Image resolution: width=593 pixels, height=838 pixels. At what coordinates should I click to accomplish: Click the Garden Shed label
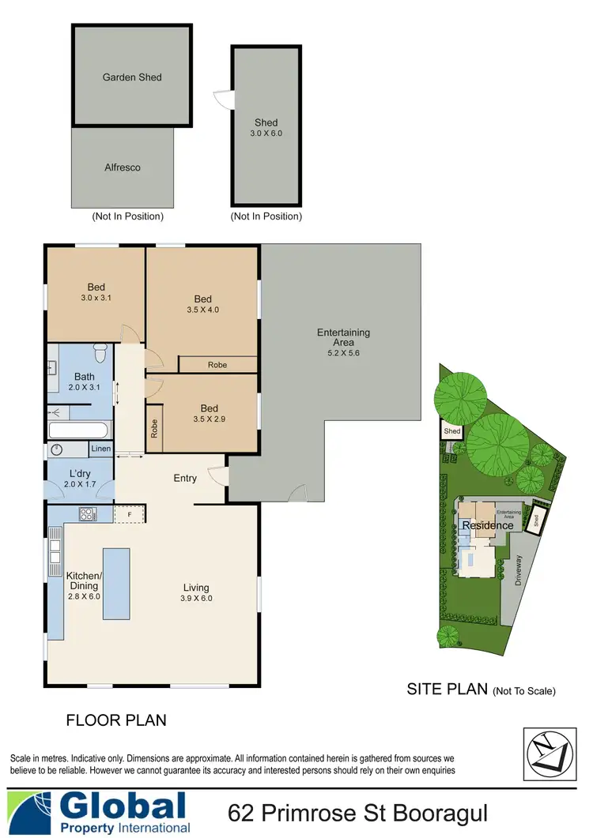132,77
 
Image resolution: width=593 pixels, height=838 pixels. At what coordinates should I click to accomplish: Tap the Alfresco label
122,167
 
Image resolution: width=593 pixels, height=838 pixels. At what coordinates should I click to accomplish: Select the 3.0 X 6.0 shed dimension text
266,133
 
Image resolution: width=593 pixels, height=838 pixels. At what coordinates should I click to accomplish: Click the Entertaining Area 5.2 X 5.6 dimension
343,353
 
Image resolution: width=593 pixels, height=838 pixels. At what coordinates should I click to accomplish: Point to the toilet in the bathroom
100,350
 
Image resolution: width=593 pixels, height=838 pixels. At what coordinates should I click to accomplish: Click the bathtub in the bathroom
78,431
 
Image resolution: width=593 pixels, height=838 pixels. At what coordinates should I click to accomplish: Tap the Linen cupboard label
100,449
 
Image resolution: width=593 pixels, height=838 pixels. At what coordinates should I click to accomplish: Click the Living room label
196,587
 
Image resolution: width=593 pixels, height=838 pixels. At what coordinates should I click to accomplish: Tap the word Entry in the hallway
185,478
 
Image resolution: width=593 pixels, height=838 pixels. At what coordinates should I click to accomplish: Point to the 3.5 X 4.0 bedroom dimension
202,310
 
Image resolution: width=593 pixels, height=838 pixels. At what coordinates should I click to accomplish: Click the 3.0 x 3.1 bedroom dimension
96,298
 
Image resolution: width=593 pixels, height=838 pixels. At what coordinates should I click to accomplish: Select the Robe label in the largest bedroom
217,365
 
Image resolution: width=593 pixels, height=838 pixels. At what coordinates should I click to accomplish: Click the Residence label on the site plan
488,525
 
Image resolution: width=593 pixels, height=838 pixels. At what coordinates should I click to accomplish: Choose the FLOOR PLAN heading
115,720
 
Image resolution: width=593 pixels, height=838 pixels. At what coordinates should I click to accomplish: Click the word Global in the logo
123,806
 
